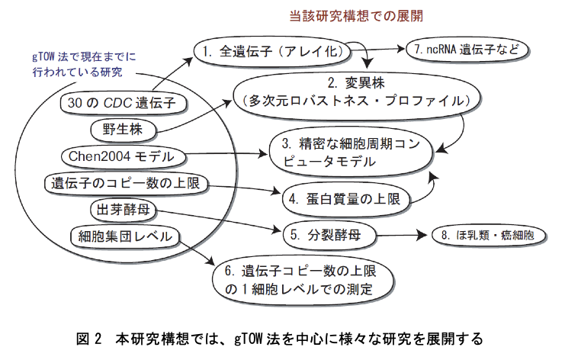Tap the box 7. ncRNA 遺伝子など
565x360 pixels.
[x=465, y=49]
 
